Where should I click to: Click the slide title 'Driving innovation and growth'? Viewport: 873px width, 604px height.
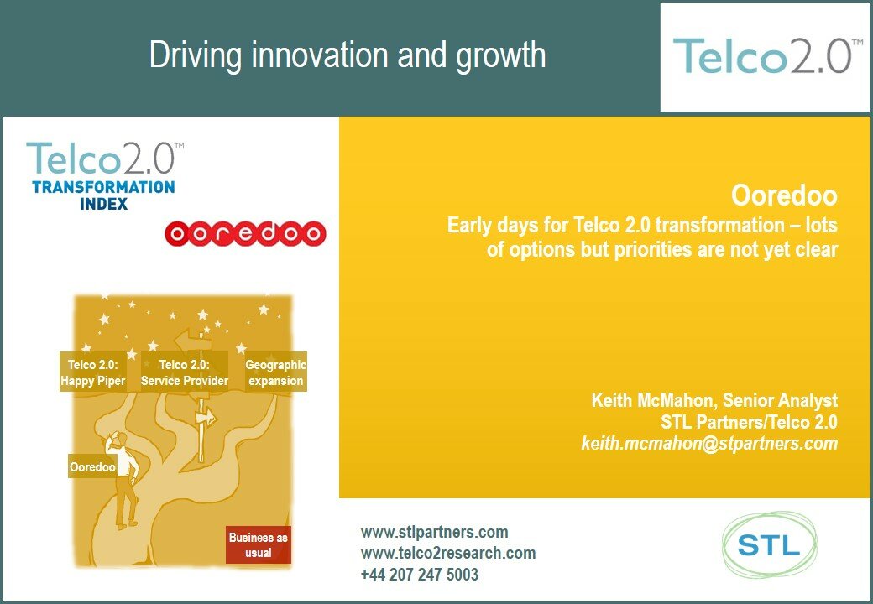pos(348,55)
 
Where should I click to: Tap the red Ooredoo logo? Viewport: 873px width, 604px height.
pos(245,233)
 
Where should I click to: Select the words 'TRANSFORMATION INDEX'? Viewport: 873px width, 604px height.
pos(103,195)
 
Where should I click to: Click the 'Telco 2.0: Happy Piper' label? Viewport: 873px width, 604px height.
pos(92,372)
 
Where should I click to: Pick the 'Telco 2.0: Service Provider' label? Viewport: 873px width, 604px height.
pos(185,372)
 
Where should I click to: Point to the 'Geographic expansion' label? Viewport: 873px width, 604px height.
pos(275,372)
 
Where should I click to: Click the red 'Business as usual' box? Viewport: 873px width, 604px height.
pos(259,544)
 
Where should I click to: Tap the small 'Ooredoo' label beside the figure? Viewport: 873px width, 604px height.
pos(92,466)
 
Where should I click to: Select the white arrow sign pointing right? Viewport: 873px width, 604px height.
pos(204,417)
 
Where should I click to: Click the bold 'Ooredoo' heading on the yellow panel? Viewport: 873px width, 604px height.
pos(784,196)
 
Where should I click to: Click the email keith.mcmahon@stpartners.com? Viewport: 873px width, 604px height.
pos(709,444)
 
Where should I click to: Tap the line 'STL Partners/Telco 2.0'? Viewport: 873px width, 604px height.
pos(749,422)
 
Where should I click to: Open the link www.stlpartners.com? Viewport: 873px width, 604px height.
pos(434,532)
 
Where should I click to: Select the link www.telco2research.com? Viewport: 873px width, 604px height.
pos(447,553)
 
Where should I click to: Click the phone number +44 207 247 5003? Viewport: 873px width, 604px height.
pos(419,575)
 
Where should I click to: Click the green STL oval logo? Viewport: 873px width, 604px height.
pos(769,546)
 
